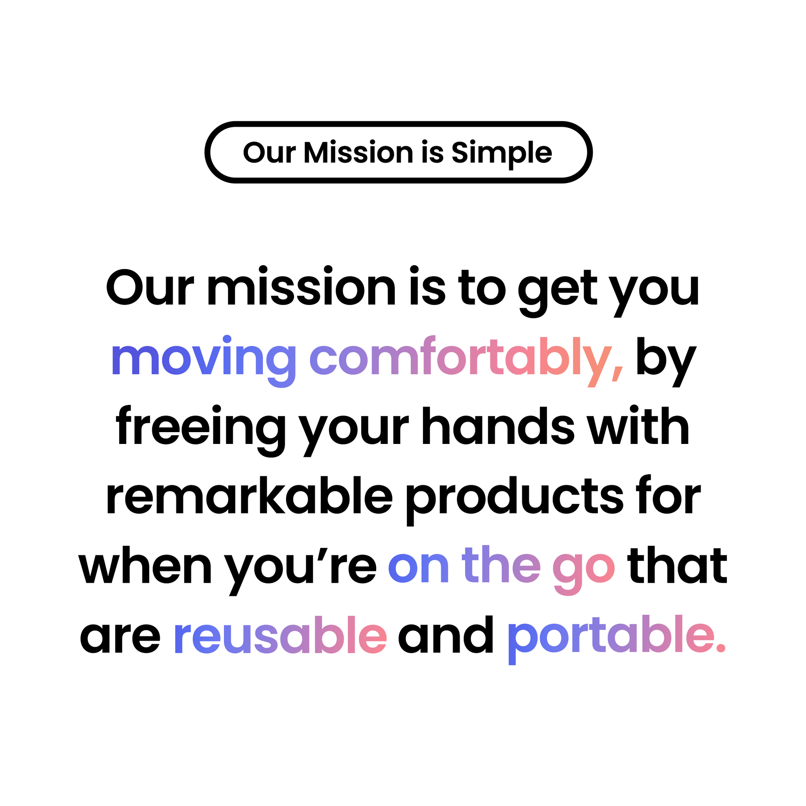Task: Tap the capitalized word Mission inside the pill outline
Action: [x=359, y=152]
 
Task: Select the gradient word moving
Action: [x=203, y=361]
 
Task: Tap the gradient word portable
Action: [x=610, y=640]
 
